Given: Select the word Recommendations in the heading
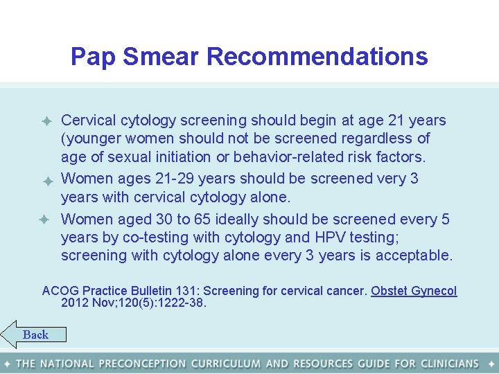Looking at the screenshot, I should point(317,56).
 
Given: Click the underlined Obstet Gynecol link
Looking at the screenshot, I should point(414,291).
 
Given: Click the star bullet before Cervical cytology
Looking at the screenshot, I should point(47,121).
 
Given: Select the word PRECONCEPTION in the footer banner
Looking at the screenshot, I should point(142,363).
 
